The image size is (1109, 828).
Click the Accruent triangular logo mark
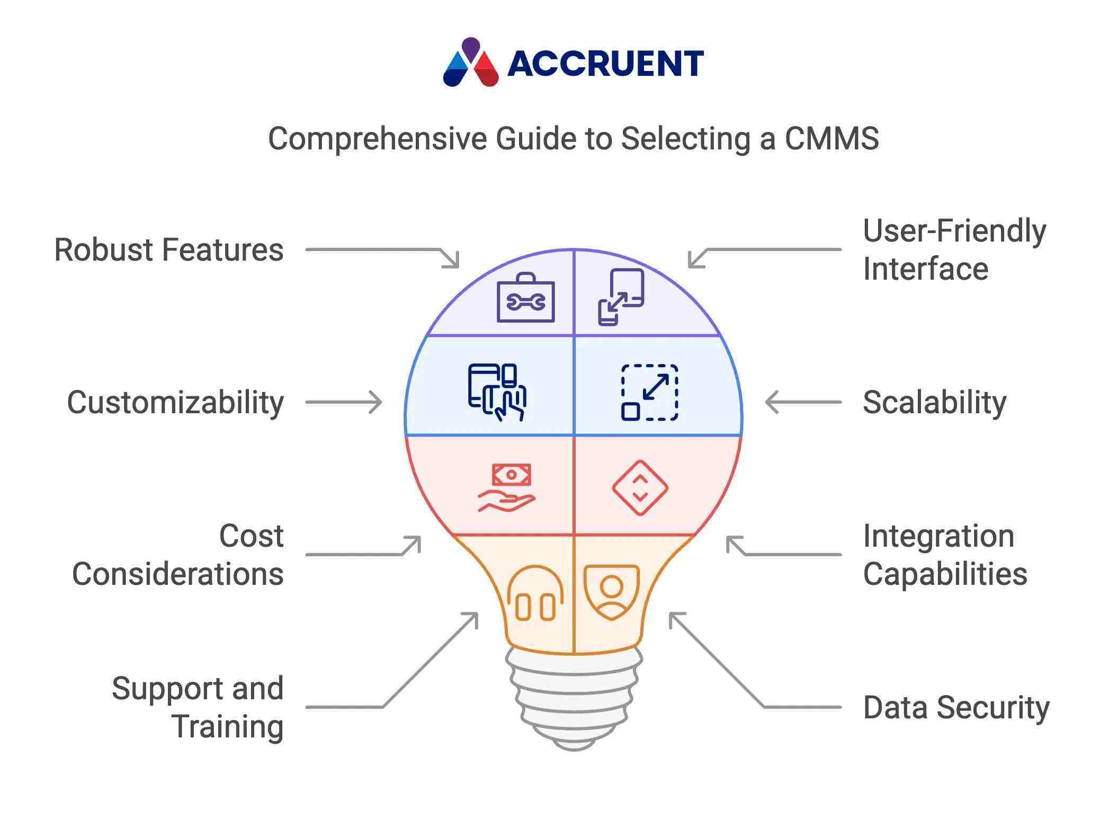tap(470, 63)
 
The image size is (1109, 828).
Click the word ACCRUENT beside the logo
tap(605, 64)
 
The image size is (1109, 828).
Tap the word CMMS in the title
tap(831, 139)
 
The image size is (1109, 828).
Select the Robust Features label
tap(169, 250)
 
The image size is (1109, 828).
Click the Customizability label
tap(175, 403)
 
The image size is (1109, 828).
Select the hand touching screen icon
tap(497, 392)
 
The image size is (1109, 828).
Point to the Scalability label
tap(934, 403)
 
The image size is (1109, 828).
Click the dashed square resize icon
tap(649, 392)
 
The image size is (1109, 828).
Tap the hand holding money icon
tap(507, 488)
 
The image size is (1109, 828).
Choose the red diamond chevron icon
tap(640, 487)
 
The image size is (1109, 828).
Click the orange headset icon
tap(535, 593)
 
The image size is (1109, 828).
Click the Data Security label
tap(956, 708)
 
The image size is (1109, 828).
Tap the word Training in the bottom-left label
tap(228, 727)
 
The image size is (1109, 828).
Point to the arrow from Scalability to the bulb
tap(803, 403)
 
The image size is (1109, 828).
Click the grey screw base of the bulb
tap(574, 699)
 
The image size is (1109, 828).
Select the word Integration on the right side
tap(938, 536)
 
